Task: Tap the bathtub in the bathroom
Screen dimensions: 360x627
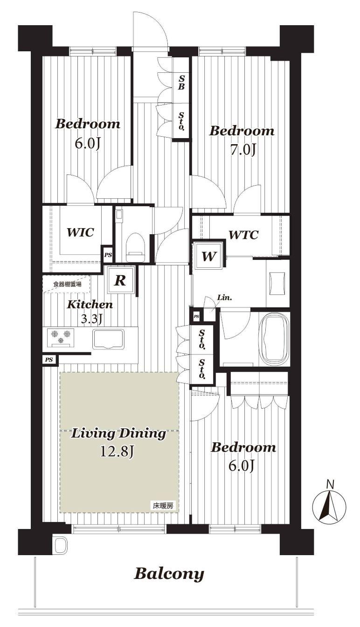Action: tap(274, 338)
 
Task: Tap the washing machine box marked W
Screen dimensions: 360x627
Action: tap(209, 256)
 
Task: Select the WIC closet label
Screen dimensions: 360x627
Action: tap(80, 232)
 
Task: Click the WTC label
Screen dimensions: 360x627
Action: tap(243, 235)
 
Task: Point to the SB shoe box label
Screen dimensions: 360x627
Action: tap(181, 82)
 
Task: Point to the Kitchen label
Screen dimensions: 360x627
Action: tap(90, 305)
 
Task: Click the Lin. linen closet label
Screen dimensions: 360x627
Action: tap(225, 298)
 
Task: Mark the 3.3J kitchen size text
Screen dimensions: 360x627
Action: tap(91, 319)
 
